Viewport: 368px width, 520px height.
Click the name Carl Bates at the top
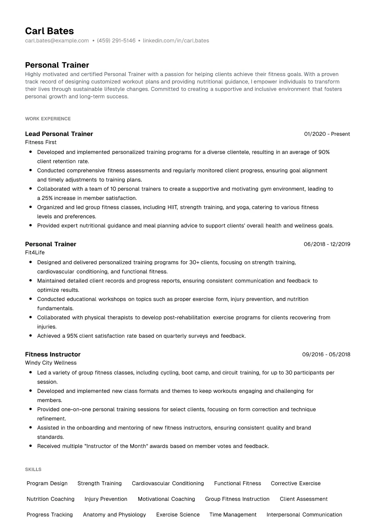coord(49,31)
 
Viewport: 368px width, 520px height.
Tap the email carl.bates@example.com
coord(57,41)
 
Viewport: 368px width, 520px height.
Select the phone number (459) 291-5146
coord(116,41)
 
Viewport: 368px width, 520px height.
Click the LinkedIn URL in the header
coord(176,41)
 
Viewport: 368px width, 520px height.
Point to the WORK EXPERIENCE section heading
coord(48,119)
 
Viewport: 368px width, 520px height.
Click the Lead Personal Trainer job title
coord(59,134)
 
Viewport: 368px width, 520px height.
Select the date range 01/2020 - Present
coord(327,134)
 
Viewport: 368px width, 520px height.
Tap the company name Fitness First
coord(41,142)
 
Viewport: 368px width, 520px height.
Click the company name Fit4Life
coord(35,253)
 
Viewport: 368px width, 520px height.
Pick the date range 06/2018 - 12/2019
coord(327,244)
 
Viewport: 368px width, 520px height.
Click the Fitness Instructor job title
coord(53,354)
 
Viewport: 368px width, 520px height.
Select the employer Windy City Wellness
coord(51,363)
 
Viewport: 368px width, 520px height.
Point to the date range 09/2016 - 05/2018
coord(326,355)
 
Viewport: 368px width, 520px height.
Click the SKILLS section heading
coord(33,470)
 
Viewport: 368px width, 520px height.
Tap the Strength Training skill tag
coord(99,484)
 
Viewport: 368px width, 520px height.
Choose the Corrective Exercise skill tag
coord(296,484)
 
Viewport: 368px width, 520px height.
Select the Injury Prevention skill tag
coord(106,499)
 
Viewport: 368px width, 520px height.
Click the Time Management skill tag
coord(233,515)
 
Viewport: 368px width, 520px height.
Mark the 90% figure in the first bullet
coord(324,152)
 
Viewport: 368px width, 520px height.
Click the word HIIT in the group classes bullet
coord(172,207)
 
